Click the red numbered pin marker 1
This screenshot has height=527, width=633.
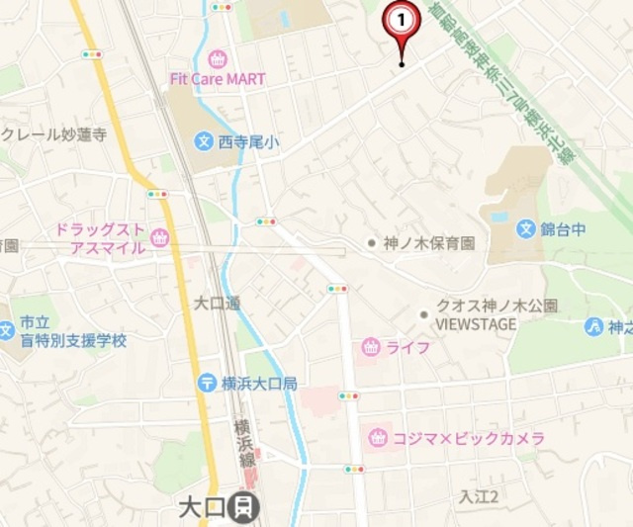tap(401, 21)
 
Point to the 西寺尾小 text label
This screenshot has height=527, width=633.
tap(248, 143)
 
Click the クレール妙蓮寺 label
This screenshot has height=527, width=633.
tap(55, 135)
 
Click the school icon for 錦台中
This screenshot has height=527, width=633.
tap(525, 229)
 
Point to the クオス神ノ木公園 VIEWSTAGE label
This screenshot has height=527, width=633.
tap(490, 314)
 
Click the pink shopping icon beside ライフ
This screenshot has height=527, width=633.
tap(371, 346)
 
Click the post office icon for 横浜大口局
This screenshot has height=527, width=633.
tap(207, 383)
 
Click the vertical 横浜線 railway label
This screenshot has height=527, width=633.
tap(241, 442)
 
